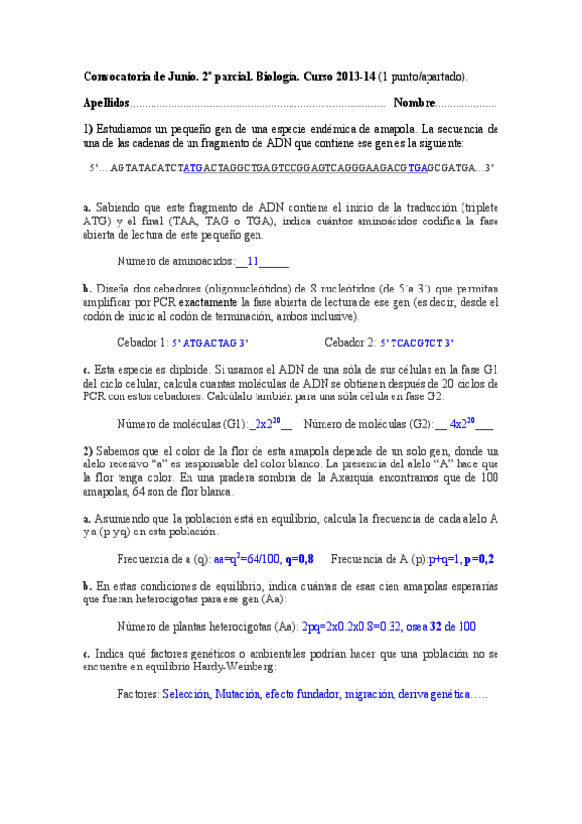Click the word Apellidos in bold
(106, 103)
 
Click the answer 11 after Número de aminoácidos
(252, 261)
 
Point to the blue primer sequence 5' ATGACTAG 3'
(210, 343)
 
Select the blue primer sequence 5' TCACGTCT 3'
(416, 343)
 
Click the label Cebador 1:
(142, 343)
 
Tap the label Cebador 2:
(350, 343)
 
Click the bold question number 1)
(87, 128)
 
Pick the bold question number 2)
(87, 451)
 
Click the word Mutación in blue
(238, 695)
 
